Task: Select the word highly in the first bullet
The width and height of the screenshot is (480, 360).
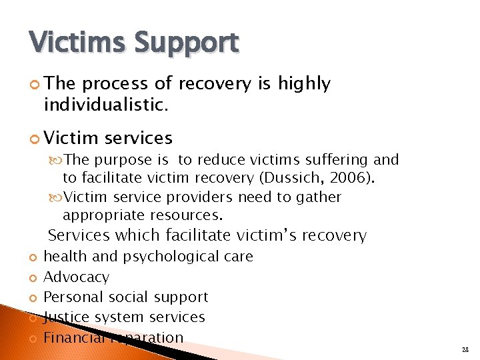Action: (x=304, y=83)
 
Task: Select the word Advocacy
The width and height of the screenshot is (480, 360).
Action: (x=76, y=277)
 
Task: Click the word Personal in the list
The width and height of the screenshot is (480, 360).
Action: (x=70, y=297)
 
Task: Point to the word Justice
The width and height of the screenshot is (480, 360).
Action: (x=65, y=317)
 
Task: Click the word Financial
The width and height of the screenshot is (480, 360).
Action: (x=73, y=337)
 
